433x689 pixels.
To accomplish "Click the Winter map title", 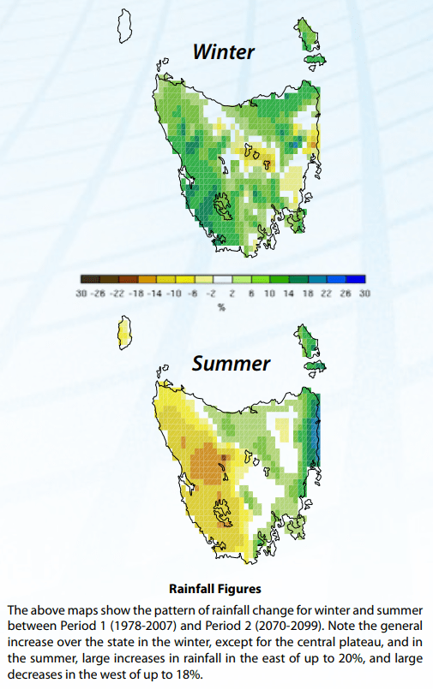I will click(223, 52).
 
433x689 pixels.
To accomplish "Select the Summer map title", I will click(231, 364).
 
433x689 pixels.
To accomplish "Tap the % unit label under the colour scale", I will click(221, 306).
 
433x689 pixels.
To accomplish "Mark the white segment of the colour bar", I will click(221, 279).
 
